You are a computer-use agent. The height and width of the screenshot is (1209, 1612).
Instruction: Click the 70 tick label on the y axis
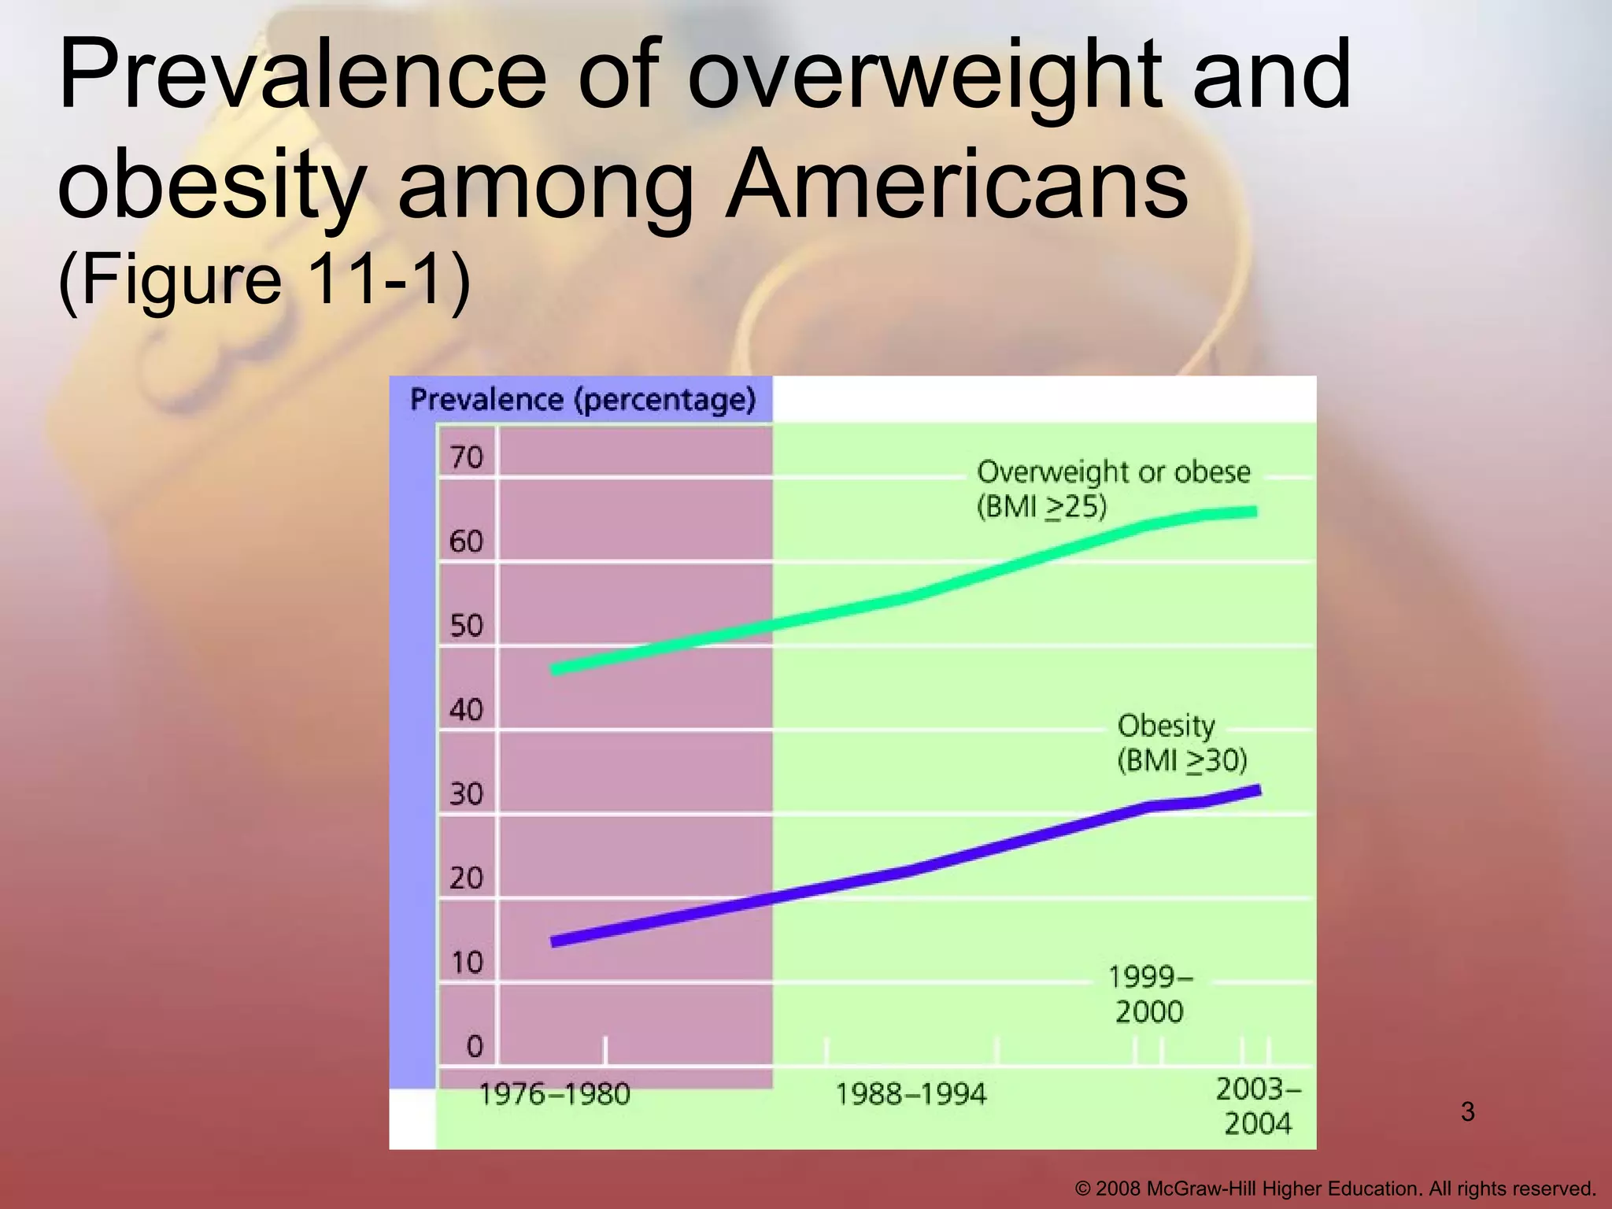coord(466,457)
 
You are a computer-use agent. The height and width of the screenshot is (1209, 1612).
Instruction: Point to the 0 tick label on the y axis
coord(474,1046)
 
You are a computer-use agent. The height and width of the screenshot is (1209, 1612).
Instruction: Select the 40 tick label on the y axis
coord(466,710)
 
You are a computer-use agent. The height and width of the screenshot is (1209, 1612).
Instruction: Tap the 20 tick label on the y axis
coord(466,878)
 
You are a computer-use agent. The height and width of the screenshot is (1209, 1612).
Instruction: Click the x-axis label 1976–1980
coord(555,1094)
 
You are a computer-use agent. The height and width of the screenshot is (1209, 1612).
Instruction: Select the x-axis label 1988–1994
coord(910,1094)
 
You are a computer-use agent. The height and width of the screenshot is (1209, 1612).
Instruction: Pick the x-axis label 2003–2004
coord(1258,1106)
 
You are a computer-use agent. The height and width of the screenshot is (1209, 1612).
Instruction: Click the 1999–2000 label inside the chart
coord(1150,994)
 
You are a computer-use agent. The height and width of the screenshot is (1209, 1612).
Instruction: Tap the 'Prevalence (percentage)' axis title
coord(582,400)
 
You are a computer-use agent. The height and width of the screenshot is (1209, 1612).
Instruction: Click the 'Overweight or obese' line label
coord(1113,472)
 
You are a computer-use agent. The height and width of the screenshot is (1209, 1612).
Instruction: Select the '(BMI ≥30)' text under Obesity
coord(1182,760)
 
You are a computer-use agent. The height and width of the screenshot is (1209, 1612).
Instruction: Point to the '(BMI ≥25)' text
coord(1041,507)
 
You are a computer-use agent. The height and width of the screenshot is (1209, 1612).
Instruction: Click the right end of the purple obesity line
coord(1259,790)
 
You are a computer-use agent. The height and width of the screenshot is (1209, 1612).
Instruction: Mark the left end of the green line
coord(556,670)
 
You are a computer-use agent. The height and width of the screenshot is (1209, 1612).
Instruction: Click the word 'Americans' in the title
coord(956,186)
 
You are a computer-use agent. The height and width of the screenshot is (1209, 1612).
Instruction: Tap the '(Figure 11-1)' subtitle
coord(264,279)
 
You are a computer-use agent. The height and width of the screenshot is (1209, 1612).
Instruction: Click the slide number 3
coord(1467,1112)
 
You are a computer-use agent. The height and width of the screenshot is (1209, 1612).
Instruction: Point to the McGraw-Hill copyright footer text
coord(1335,1189)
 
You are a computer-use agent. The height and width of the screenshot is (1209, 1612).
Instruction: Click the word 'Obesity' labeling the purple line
coord(1166,726)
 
